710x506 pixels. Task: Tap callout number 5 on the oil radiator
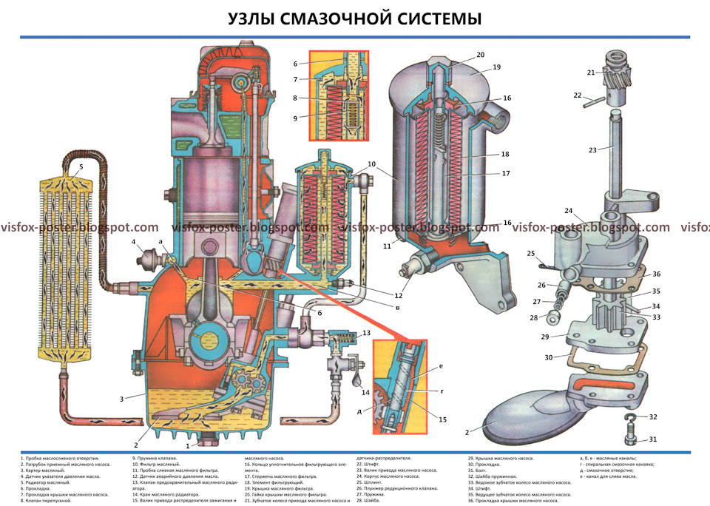click(x=81, y=167)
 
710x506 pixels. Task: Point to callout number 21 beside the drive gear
click(x=591, y=72)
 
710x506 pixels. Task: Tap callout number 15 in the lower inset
click(x=442, y=420)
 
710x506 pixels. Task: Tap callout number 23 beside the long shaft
click(x=591, y=150)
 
